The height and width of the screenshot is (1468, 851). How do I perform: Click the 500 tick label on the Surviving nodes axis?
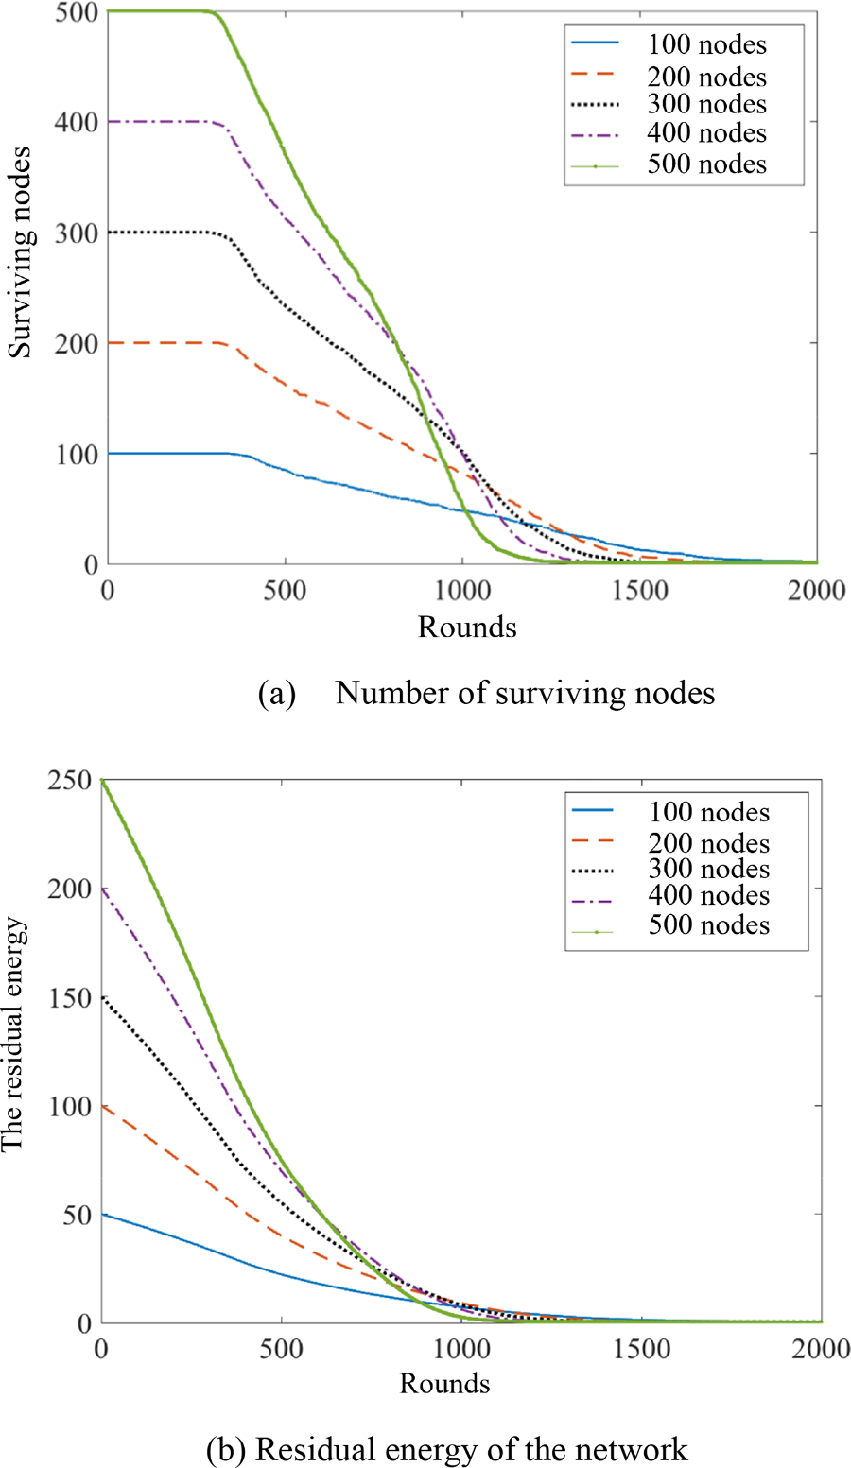[x=77, y=12]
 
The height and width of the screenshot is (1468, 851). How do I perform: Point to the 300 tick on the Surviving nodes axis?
[x=77, y=233]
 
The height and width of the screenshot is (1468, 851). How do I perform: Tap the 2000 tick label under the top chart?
[x=816, y=591]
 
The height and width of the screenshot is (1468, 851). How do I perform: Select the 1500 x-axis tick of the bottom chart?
[x=642, y=1350]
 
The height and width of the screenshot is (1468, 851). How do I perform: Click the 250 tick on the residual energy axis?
[x=71, y=781]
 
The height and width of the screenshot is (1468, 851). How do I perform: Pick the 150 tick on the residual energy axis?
[x=71, y=998]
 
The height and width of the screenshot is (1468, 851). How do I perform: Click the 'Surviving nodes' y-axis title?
[x=20, y=252]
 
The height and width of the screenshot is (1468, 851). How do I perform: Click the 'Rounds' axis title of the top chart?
[x=467, y=627]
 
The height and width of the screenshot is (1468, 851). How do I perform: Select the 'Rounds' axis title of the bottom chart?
[x=444, y=1384]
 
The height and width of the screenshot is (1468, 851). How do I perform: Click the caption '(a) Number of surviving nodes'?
[x=486, y=693]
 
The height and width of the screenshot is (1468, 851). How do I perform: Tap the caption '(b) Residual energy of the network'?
[x=446, y=1448]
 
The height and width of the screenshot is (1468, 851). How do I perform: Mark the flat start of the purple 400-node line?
[x=161, y=122]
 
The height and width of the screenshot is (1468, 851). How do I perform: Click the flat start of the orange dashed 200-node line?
[x=161, y=342]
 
